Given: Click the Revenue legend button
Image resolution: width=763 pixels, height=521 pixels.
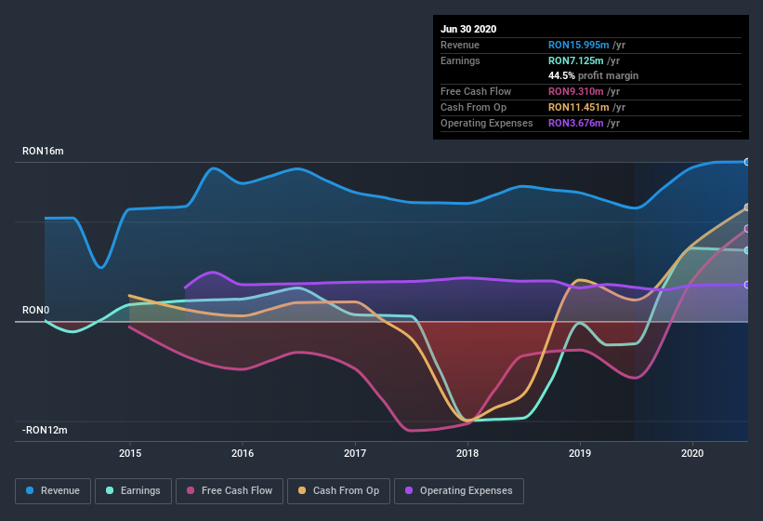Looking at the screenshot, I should [53, 490].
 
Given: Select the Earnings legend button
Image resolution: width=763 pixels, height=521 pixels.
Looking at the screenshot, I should [134, 490].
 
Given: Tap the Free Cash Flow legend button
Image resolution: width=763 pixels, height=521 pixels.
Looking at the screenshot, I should [230, 490].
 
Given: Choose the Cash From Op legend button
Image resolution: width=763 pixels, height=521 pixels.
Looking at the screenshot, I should [338, 490].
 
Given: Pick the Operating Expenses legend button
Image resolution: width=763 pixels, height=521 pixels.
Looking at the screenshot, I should [458, 490].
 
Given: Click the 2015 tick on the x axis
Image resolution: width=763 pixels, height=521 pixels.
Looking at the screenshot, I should [130, 453].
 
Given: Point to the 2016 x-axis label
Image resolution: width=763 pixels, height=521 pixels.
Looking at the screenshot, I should [243, 453].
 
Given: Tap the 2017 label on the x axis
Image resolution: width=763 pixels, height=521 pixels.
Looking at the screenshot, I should [355, 453].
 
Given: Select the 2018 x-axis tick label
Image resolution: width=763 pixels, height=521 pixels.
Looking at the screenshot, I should [467, 453].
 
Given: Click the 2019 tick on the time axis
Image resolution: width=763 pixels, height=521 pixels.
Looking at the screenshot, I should [580, 453].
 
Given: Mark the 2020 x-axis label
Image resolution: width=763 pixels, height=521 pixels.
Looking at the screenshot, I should [692, 453].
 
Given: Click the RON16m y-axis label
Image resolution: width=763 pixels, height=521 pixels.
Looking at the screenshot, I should [43, 151].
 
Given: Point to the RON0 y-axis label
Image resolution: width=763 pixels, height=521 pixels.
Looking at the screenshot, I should [35, 310].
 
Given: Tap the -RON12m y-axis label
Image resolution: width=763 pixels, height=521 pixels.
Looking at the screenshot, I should [46, 430].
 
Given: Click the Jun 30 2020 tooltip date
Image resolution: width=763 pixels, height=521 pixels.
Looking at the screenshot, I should [468, 29].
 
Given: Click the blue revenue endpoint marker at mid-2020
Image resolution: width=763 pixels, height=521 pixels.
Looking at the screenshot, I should [747, 162].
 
